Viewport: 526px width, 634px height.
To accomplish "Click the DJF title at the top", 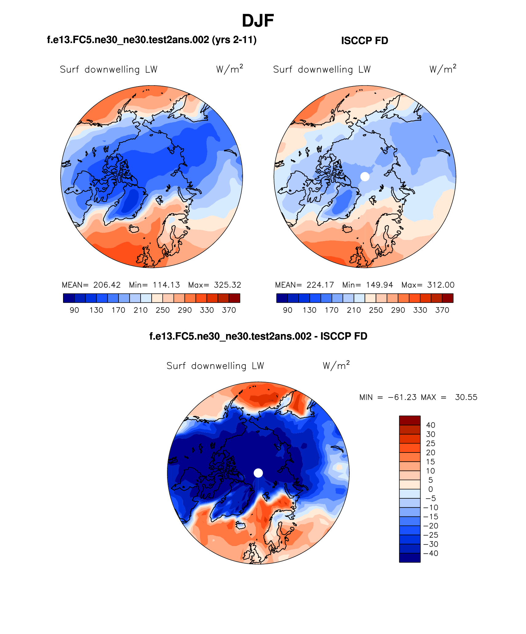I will [258, 21].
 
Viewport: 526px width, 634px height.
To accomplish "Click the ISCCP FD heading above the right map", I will [365, 41].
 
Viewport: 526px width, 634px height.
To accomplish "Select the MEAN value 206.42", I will [107, 285].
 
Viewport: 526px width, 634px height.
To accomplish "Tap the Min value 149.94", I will [380, 285].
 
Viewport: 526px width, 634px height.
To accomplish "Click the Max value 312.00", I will [440, 285].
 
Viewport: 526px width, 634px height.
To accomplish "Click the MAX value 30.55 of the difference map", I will [466, 397].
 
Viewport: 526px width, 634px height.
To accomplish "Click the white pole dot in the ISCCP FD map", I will [365, 177].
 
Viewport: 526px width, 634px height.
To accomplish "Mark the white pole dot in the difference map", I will [258, 473].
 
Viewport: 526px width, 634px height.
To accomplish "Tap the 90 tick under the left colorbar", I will [74, 310].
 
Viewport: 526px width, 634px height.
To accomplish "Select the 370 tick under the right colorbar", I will [442, 310].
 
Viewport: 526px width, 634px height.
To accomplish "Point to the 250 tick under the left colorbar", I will [163, 310].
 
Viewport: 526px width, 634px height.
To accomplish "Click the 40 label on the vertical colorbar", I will [431, 425].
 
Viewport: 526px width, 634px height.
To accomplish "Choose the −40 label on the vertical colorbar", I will [431, 553].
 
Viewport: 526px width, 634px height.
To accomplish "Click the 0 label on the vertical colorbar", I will [431, 489].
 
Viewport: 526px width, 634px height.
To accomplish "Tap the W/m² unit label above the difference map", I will [336, 365].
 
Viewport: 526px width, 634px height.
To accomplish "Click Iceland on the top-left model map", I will [134, 229].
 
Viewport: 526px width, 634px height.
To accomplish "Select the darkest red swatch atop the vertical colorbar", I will [410, 421].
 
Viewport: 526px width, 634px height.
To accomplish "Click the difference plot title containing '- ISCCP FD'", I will [258, 336].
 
